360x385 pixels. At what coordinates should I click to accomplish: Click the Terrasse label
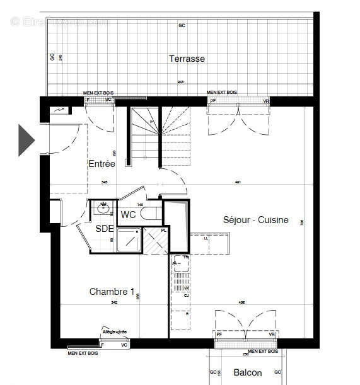(x=187, y=59)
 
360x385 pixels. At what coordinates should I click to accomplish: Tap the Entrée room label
(x=102, y=163)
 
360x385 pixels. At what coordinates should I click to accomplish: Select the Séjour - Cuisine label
(x=255, y=220)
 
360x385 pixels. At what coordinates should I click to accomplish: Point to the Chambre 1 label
(x=112, y=292)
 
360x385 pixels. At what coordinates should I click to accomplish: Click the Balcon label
(x=247, y=372)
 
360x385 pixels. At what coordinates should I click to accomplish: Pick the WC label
(x=129, y=215)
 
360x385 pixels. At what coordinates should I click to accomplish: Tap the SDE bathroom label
(x=104, y=229)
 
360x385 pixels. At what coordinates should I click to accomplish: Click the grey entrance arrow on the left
(x=25, y=140)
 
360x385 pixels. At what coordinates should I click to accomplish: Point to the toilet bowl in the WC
(x=151, y=215)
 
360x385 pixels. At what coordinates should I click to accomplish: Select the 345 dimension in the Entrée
(x=103, y=183)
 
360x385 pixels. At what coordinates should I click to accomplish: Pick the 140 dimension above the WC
(x=141, y=205)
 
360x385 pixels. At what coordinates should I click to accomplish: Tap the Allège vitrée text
(x=114, y=332)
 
